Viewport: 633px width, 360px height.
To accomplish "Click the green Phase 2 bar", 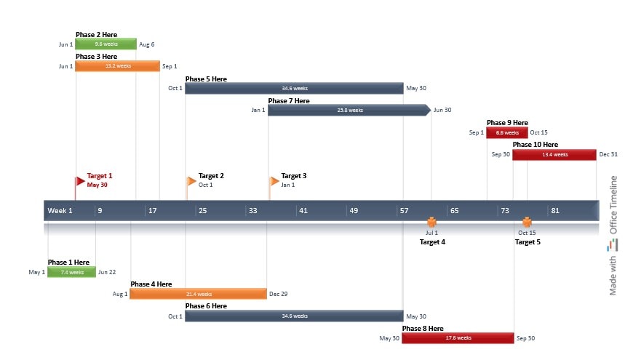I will pos(105,44).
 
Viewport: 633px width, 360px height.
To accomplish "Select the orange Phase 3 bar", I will pos(117,66).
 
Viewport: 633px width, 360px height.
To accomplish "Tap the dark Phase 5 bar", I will pos(293,89).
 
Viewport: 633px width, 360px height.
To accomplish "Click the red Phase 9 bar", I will pos(507,132).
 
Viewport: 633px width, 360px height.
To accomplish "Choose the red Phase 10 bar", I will pos(554,154).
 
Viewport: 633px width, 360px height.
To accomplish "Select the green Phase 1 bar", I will pos(71,272).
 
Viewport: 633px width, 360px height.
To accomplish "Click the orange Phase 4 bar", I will pos(199,294).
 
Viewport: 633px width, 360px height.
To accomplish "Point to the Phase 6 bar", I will pos(293,316).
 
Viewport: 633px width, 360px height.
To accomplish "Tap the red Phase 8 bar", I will pos(458,338).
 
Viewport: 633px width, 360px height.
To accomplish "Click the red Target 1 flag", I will pos(80,181).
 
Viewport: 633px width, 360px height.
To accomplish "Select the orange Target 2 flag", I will pos(191,181).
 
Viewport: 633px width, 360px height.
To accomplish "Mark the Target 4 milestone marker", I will pos(431,223).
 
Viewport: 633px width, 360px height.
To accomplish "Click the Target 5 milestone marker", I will pos(527,223).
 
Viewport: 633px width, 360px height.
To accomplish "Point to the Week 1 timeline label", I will pos(60,211).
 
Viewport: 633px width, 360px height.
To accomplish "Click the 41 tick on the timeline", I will pos(303,211).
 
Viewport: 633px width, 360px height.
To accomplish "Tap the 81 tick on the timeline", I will pos(555,211).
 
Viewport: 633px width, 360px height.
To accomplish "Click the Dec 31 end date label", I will pos(608,154).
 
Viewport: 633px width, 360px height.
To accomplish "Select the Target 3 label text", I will pos(294,176).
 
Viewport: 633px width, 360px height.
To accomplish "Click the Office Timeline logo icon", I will pos(613,246).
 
